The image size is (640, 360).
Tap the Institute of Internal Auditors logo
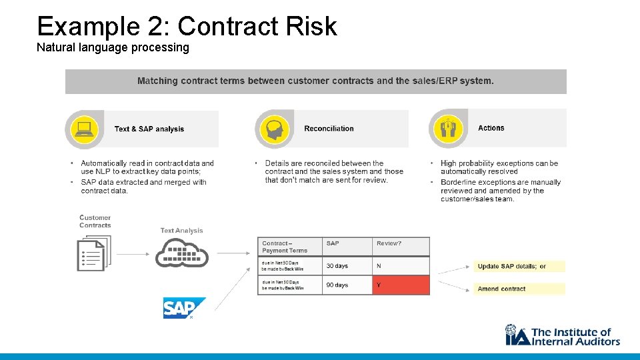[562, 335]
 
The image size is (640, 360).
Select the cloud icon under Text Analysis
[181, 253]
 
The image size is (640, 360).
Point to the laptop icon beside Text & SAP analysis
[84, 128]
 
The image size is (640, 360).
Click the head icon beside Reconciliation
[275, 128]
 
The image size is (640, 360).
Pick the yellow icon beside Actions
[448, 128]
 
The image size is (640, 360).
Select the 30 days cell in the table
[347, 266]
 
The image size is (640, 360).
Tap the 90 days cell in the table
[347, 285]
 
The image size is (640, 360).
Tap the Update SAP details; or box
[520, 267]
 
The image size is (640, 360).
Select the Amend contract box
[520, 289]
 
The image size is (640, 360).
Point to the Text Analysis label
[181, 231]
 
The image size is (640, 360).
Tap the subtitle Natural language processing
[113, 47]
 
